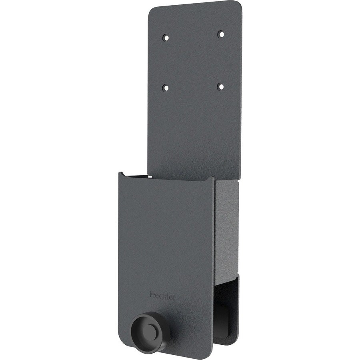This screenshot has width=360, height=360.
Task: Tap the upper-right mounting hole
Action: pos(220,34)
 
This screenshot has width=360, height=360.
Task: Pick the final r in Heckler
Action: pos(174,297)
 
